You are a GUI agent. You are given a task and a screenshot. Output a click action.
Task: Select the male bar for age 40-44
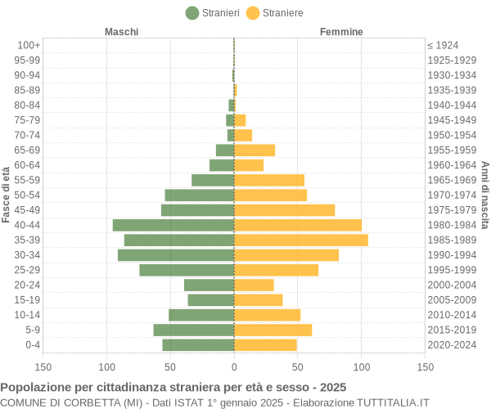(x=173, y=225)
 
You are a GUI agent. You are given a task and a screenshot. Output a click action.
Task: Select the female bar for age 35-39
(x=301, y=240)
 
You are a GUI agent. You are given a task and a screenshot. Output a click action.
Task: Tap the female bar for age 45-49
(x=285, y=210)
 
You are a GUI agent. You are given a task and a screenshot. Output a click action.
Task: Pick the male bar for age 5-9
(x=194, y=330)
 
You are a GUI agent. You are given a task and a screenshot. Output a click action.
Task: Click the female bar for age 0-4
(x=265, y=344)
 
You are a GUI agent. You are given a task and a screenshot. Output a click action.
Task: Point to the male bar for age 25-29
(x=187, y=270)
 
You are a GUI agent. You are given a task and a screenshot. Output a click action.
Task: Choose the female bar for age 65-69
(x=255, y=150)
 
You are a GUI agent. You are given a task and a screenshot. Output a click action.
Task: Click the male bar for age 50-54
(x=200, y=195)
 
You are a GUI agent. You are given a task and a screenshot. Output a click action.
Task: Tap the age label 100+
(x=29, y=45)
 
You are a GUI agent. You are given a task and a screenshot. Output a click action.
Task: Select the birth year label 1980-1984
(x=452, y=225)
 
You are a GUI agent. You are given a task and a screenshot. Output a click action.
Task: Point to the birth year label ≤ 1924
(x=443, y=45)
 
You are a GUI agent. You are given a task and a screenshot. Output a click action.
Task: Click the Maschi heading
(x=121, y=32)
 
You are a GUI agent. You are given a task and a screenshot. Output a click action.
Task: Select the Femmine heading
(x=341, y=32)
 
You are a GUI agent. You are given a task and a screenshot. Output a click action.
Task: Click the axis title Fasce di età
(x=7, y=195)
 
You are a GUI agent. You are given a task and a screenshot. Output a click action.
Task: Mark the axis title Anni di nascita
(x=484, y=195)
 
